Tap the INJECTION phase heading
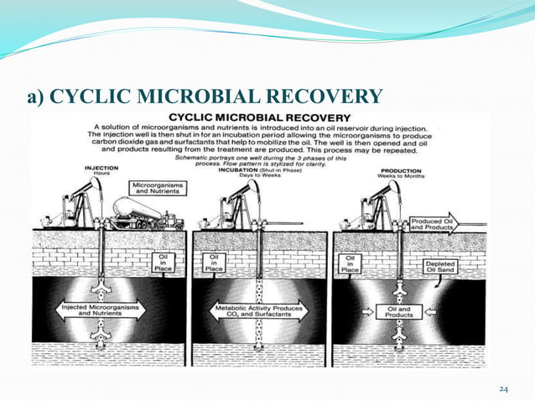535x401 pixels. pyautogui.click(x=101, y=167)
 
